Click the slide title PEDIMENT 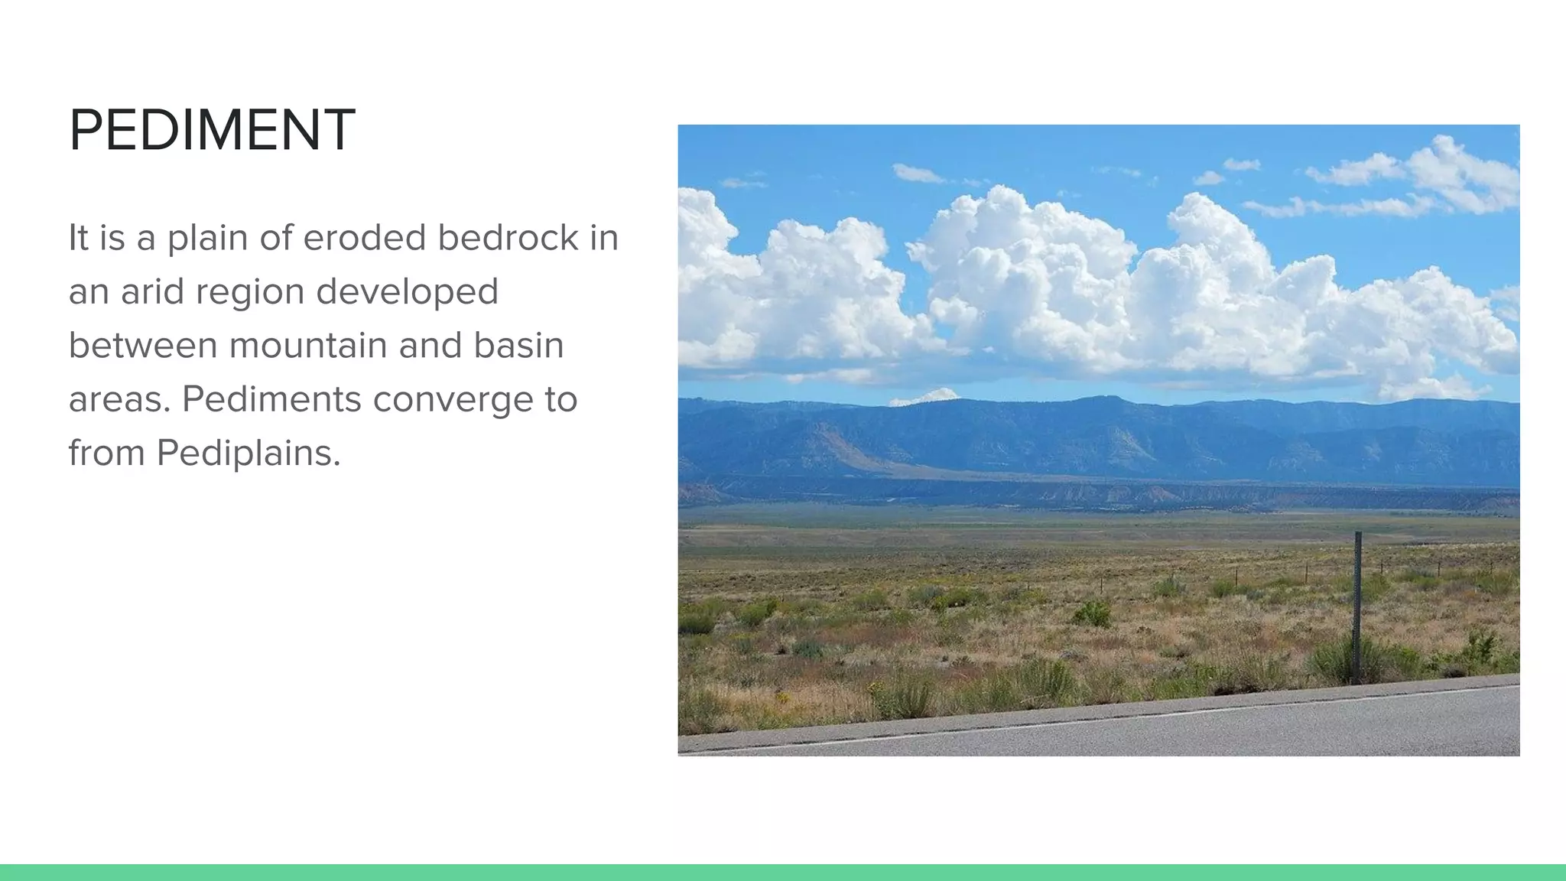point(212,130)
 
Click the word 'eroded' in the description point(365,238)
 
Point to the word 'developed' point(407,291)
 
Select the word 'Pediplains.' point(249,454)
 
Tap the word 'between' point(142,346)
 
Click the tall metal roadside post point(1357,604)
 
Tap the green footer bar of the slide point(783,872)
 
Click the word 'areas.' point(119,399)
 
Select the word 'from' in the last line point(106,454)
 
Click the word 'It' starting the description point(79,238)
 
